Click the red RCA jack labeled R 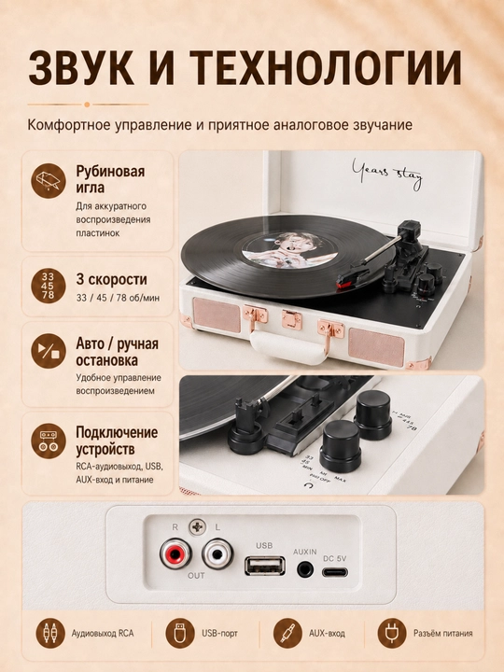point(175,555)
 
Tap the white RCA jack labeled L point(217,555)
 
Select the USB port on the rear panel point(264,566)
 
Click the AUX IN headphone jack point(305,569)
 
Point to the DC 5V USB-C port point(335,572)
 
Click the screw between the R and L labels point(197,527)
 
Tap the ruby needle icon point(49,180)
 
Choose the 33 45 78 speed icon point(49,287)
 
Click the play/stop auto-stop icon point(49,351)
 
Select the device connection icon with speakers point(49,441)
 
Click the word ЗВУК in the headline point(81,68)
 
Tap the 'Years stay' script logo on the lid point(387,174)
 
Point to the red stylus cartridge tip point(343,284)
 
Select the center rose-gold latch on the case point(292,320)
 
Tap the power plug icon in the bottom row point(392,633)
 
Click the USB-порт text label point(219,633)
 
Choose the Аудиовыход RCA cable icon point(51,633)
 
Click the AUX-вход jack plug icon point(287,633)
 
